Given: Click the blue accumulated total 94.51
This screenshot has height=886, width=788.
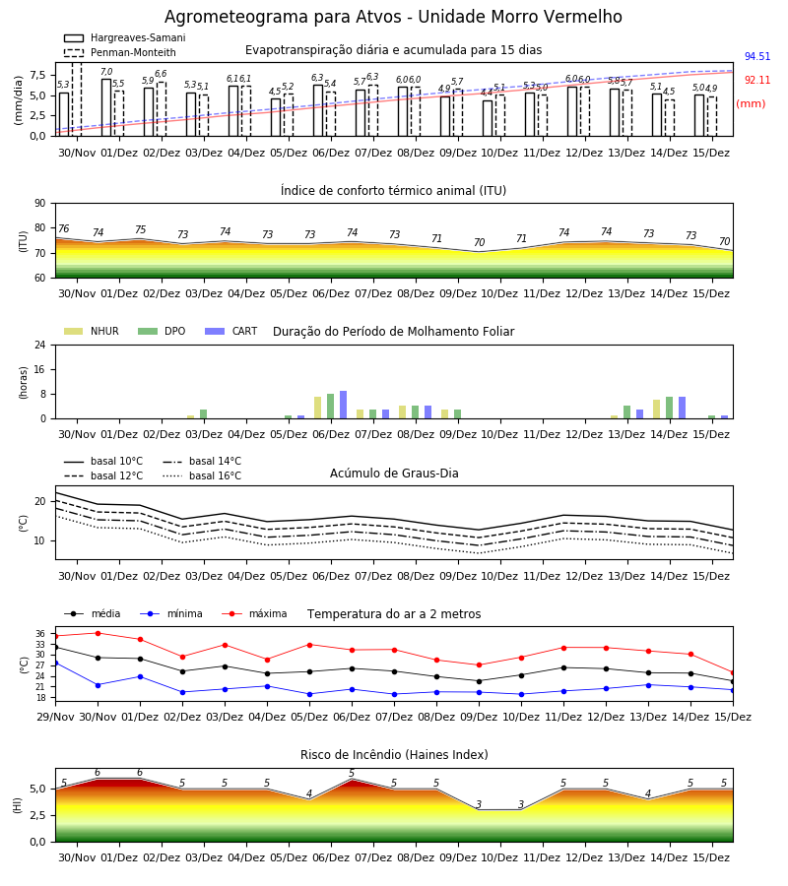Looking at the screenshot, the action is [756, 56].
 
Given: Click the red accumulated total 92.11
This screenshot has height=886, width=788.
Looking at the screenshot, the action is [756, 81].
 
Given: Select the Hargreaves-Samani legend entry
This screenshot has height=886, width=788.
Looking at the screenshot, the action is [124, 37].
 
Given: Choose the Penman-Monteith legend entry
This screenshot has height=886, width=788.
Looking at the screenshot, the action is [120, 52].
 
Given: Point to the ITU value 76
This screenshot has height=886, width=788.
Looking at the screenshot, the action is [63, 228].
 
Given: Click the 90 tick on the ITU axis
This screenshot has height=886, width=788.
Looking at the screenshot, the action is [40, 204].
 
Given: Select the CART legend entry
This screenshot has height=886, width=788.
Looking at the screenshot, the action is [231, 331].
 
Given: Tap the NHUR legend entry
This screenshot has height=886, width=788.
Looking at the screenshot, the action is [92, 331].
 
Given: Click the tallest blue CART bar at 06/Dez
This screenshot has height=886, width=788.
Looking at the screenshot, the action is [343, 405].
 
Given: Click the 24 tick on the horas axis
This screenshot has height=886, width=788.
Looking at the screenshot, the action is [40, 345].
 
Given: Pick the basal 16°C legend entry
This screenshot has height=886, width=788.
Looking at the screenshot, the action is [202, 475].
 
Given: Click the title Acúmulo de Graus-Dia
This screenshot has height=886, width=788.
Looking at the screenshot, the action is [394, 473].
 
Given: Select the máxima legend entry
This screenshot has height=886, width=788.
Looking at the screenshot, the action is [255, 613].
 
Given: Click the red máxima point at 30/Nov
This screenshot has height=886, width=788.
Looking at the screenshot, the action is [98, 633].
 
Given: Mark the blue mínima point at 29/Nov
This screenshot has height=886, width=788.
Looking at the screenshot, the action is [55, 663].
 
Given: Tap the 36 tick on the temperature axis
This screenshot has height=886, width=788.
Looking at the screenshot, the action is [40, 633].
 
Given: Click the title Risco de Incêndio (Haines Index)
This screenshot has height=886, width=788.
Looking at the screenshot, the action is [394, 755].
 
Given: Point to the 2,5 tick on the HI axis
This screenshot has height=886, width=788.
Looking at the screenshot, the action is [37, 815].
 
